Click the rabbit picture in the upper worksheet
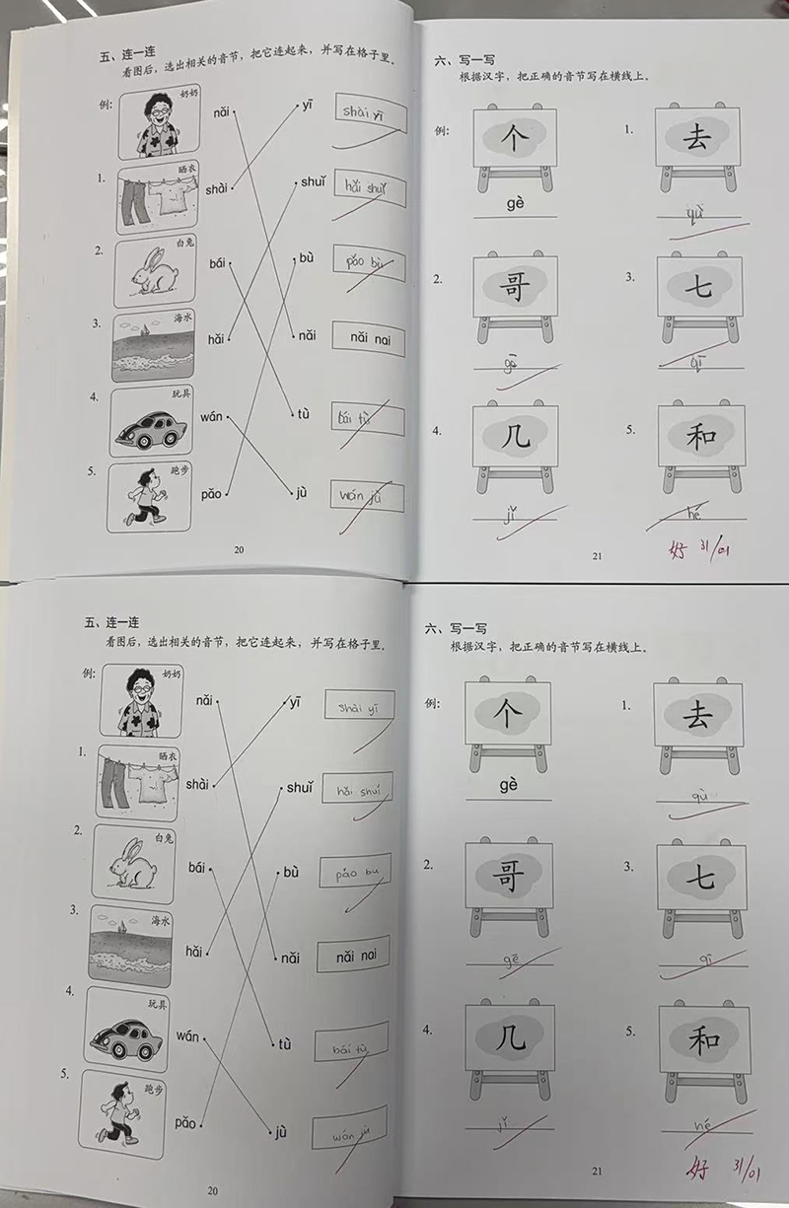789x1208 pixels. coord(155,268)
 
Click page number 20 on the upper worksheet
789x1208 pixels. coord(238,550)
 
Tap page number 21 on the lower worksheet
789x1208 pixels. coord(597,1171)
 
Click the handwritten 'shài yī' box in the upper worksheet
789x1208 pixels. coord(369,111)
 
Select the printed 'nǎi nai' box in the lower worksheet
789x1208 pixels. coord(353,955)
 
